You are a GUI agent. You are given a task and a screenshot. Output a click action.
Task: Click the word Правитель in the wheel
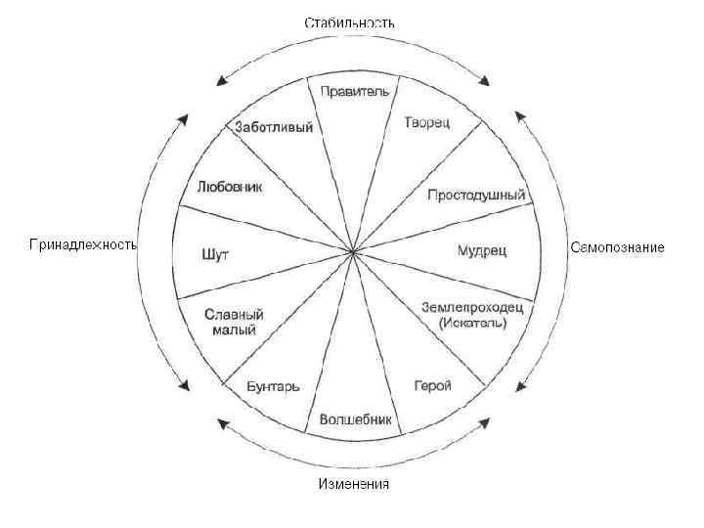354,91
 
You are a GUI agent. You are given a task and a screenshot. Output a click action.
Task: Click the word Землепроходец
472,307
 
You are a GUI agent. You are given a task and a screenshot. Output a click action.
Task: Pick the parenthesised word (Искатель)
473,322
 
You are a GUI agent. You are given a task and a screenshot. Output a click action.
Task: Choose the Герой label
432,385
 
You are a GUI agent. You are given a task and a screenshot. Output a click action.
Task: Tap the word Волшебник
355,420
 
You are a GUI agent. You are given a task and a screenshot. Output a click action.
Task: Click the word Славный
235,315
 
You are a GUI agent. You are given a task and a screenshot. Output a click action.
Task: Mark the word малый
234,330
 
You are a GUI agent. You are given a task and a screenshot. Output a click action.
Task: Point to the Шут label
214,254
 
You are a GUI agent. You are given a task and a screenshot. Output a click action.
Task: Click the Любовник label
229,186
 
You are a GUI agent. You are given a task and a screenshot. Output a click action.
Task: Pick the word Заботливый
274,126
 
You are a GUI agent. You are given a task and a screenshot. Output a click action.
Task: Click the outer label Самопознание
617,247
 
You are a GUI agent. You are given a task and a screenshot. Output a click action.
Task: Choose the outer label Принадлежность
82,244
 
